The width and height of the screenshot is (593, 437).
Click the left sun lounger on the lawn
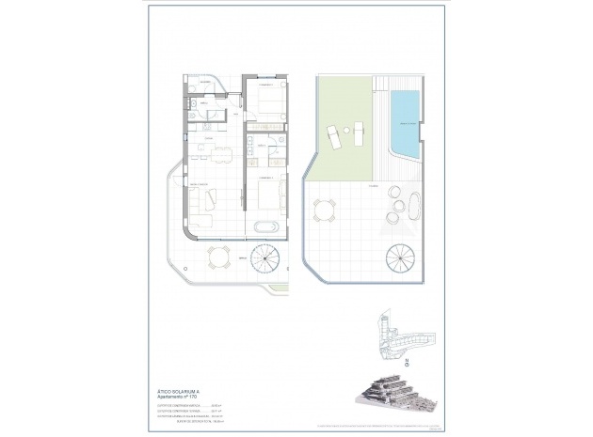334,137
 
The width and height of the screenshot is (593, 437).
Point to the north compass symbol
406,358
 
